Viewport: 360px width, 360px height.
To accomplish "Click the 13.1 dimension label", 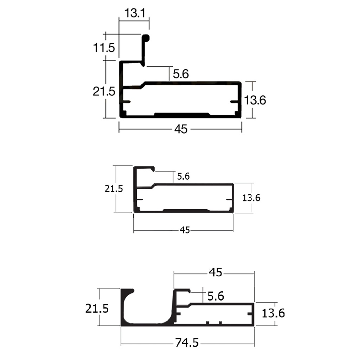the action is tap(135, 13).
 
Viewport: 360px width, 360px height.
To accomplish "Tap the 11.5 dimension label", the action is tap(104, 48).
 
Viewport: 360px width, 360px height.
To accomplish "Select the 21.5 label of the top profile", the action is tap(104, 91).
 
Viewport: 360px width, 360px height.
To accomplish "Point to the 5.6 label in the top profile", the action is tap(181, 74).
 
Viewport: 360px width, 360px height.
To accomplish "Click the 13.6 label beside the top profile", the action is tap(255, 100).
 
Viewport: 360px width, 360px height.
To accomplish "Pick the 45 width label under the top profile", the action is tap(181, 129).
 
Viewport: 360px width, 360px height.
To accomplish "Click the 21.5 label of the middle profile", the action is tap(114, 189).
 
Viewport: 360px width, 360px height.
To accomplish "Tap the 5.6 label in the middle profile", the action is tap(183, 176).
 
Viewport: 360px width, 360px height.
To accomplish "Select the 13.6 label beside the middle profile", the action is tap(251, 198).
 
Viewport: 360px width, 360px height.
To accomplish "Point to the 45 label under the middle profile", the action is tap(185, 230).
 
